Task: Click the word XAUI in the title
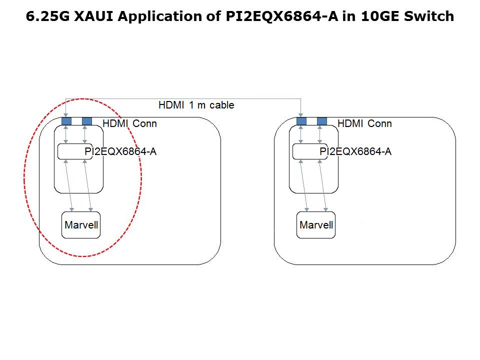[90, 16]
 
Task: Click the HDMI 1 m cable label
[196, 105]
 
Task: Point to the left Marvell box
[81, 225]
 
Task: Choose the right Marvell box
[316, 225]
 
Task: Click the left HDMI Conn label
[129, 123]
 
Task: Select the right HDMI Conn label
[364, 123]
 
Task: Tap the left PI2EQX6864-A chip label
[120, 151]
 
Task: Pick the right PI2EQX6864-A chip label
[355, 151]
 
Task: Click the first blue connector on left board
[66, 121]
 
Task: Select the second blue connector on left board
[87, 121]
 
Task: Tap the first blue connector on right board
[301, 121]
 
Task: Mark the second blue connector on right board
[322, 121]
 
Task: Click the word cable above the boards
[222, 105]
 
